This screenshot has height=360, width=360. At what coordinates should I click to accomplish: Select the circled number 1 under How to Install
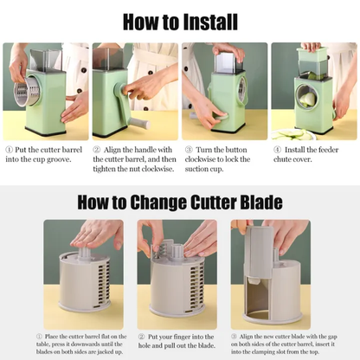10,149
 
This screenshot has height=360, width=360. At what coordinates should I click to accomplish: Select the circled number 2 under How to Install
97,149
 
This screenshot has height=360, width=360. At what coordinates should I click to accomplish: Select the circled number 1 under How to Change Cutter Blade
40,336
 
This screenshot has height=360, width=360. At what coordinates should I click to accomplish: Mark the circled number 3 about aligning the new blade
235,336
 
